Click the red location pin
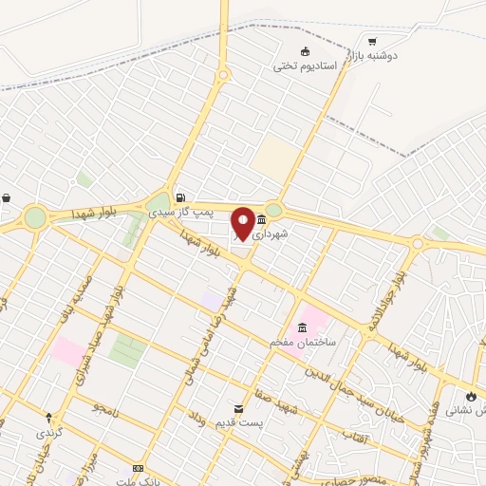click(244, 223)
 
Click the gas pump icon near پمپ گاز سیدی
click(179, 187)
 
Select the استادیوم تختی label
click(299, 65)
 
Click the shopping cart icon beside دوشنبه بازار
click(372, 41)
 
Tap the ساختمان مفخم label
click(299, 341)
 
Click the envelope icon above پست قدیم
click(237, 408)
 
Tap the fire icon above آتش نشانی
click(473, 396)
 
